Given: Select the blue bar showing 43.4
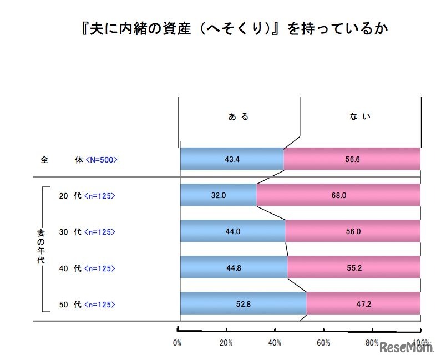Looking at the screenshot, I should [x=232, y=159].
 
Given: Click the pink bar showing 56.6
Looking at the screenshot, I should [x=352, y=159].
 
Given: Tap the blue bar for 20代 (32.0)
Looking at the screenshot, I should [x=219, y=195].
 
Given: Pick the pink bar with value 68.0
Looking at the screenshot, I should [x=338, y=195].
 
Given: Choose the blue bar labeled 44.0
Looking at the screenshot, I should [x=233, y=231].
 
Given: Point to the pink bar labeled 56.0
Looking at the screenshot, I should [x=353, y=231].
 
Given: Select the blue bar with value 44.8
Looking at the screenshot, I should [x=234, y=267].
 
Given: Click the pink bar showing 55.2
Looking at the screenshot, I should [x=354, y=267].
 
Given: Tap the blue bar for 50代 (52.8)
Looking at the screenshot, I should [x=244, y=303].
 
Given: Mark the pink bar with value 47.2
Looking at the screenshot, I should [x=363, y=303].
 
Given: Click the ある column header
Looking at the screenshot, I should [x=239, y=116].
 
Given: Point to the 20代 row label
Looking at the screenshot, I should [x=70, y=195].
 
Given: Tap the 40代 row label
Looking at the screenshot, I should [x=70, y=268].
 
